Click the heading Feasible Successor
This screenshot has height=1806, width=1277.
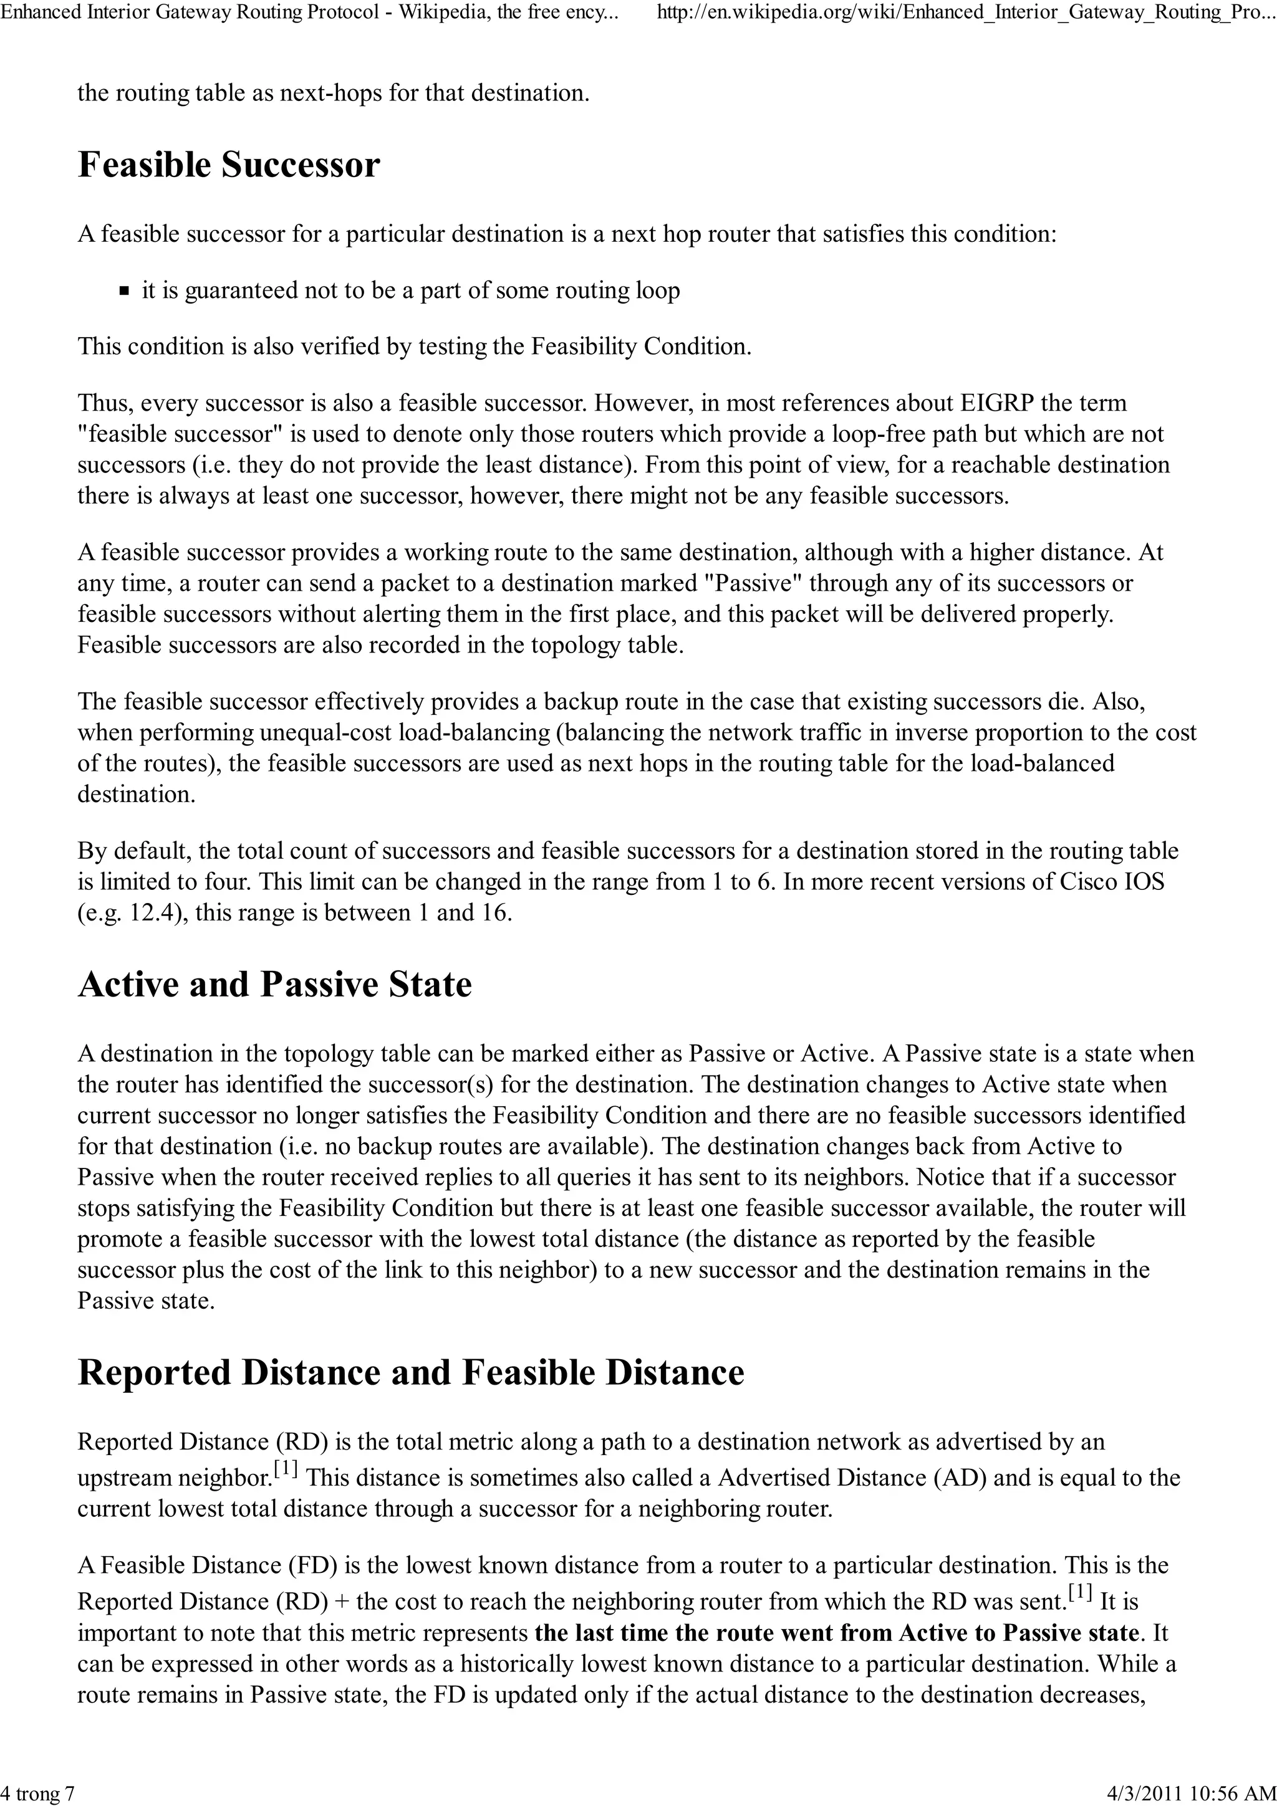(x=228, y=165)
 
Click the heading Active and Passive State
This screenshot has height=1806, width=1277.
(x=274, y=985)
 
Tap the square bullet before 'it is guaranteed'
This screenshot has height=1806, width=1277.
(x=124, y=291)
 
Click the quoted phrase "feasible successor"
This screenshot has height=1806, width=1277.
(x=183, y=434)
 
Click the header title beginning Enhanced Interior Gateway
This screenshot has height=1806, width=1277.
(x=307, y=13)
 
